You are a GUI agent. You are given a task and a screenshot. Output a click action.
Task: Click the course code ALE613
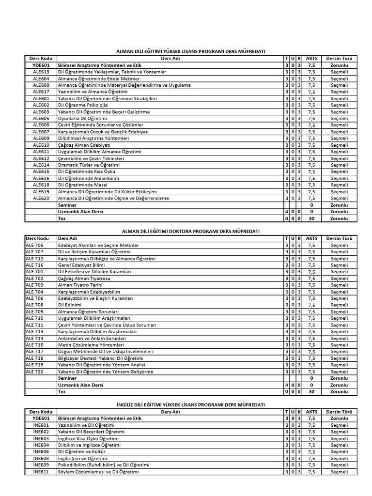pyautogui.click(x=41, y=72)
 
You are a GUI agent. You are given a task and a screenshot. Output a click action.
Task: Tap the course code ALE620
pyautogui.click(x=41, y=198)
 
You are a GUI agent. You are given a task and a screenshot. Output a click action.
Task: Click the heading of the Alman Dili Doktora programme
pyautogui.click(x=190, y=232)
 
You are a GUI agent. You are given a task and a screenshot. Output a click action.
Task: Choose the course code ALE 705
pyautogui.click(x=34, y=245)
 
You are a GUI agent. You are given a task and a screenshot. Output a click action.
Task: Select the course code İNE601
pyautogui.click(x=41, y=425)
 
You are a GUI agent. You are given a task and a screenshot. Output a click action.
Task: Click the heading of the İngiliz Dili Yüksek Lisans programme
pyautogui.click(x=190, y=404)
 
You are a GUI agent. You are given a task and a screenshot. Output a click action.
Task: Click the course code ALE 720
pyautogui.click(x=34, y=372)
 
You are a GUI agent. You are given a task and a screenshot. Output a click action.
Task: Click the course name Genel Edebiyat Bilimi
pyautogui.click(x=81, y=265)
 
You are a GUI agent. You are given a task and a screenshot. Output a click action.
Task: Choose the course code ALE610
pyautogui.click(x=41, y=145)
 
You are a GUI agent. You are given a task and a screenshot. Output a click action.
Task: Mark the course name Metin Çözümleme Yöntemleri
pyautogui.click(x=88, y=345)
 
